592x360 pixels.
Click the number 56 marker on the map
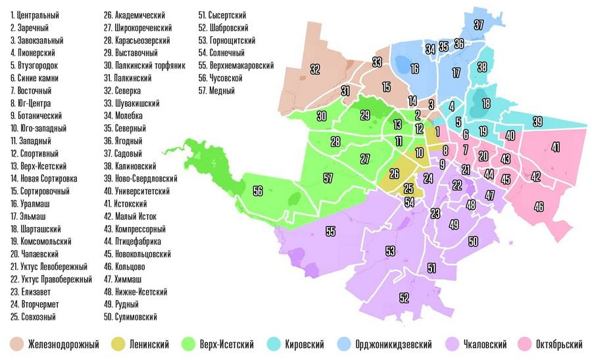click(257, 190)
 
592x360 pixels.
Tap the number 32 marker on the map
click(315, 68)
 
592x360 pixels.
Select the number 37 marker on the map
click(479, 24)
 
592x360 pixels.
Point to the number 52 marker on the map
click(404, 297)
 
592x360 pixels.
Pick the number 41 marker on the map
click(555, 147)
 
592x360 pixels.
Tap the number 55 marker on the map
click(330, 232)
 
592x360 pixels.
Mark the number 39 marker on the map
click(537, 121)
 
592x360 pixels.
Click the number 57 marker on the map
click(328, 178)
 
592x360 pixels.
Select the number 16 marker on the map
click(414, 68)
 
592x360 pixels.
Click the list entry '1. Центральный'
click(35, 14)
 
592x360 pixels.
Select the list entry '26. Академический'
click(134, 14)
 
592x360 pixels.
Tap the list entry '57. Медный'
click(216, 90)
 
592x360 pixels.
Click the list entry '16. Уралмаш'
click(30, 203)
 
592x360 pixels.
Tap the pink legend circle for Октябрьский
click(524, 344)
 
